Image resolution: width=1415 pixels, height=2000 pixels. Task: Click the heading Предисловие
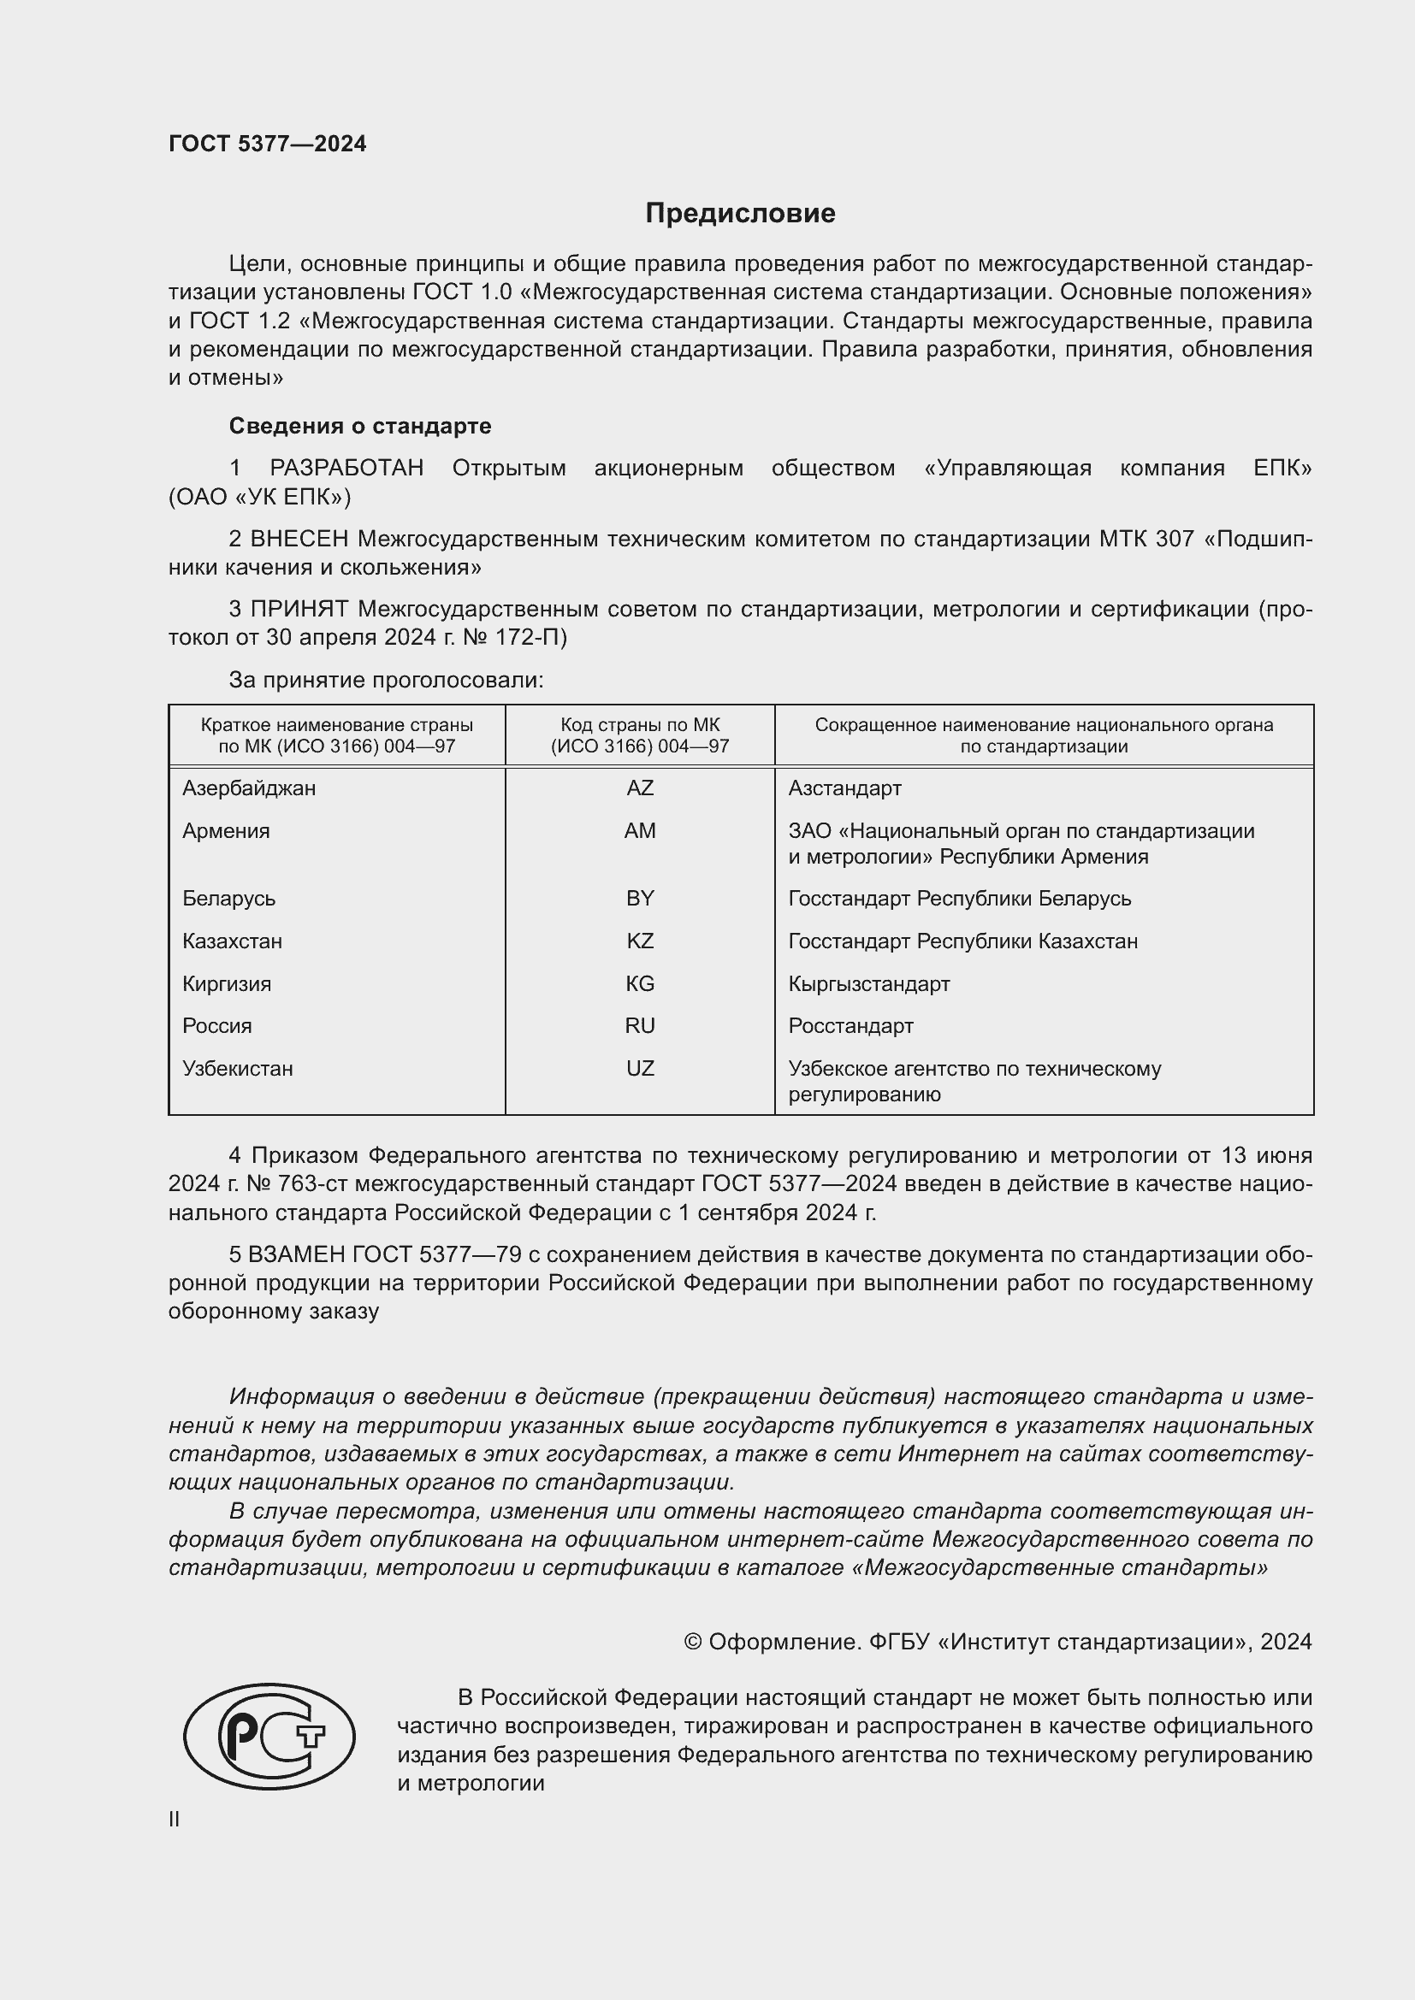[x=740, y=214]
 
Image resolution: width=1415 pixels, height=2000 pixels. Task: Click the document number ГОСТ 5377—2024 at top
[x=268, y=144]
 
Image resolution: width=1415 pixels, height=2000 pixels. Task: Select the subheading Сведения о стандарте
[x=360, y=426]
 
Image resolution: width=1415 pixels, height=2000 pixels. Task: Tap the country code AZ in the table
[x=640, y=788]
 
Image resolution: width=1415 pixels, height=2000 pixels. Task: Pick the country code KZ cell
[x=640, y=941]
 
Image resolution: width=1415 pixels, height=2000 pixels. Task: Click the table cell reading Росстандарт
[x=850, y=1026]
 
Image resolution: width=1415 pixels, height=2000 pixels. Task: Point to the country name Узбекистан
[x=237, y=1069]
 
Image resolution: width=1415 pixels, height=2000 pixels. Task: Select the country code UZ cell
[x=640, y=1069]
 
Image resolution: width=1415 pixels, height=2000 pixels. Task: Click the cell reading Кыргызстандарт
[x=868, y=984]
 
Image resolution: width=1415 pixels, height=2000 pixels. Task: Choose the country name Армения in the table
[x=226, y=831]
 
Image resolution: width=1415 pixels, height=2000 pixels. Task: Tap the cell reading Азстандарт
[x=844, y=788]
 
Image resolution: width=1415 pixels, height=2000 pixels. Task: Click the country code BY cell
[x=640, y=898]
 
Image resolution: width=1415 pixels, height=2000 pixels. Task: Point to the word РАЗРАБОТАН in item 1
[x=346, y=469]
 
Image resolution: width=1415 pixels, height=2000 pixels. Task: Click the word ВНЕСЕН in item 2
[x=299, y=540]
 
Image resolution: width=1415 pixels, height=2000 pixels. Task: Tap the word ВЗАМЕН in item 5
[x=296, y=1254]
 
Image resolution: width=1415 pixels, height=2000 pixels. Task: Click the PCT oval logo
[x=269, y=1737]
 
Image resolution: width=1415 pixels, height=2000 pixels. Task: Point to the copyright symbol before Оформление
[x=693, y=1642]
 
